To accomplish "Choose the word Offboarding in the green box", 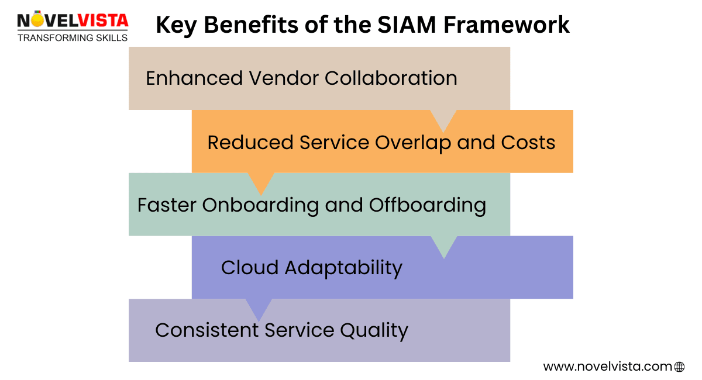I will [x=428, y=205].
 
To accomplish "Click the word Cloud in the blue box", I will [x=249, y=268].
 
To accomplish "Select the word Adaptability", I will [x=343, y=268].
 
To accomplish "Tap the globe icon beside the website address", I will [x=679, y=367].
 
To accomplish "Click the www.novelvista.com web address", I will [x=607, y=367].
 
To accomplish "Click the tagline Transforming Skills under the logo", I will [x=73, y=38].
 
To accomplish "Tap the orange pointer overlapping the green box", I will [x=261, y=183].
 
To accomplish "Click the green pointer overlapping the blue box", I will [x=444, y=246].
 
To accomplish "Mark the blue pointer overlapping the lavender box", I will [x=259, y=309].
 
